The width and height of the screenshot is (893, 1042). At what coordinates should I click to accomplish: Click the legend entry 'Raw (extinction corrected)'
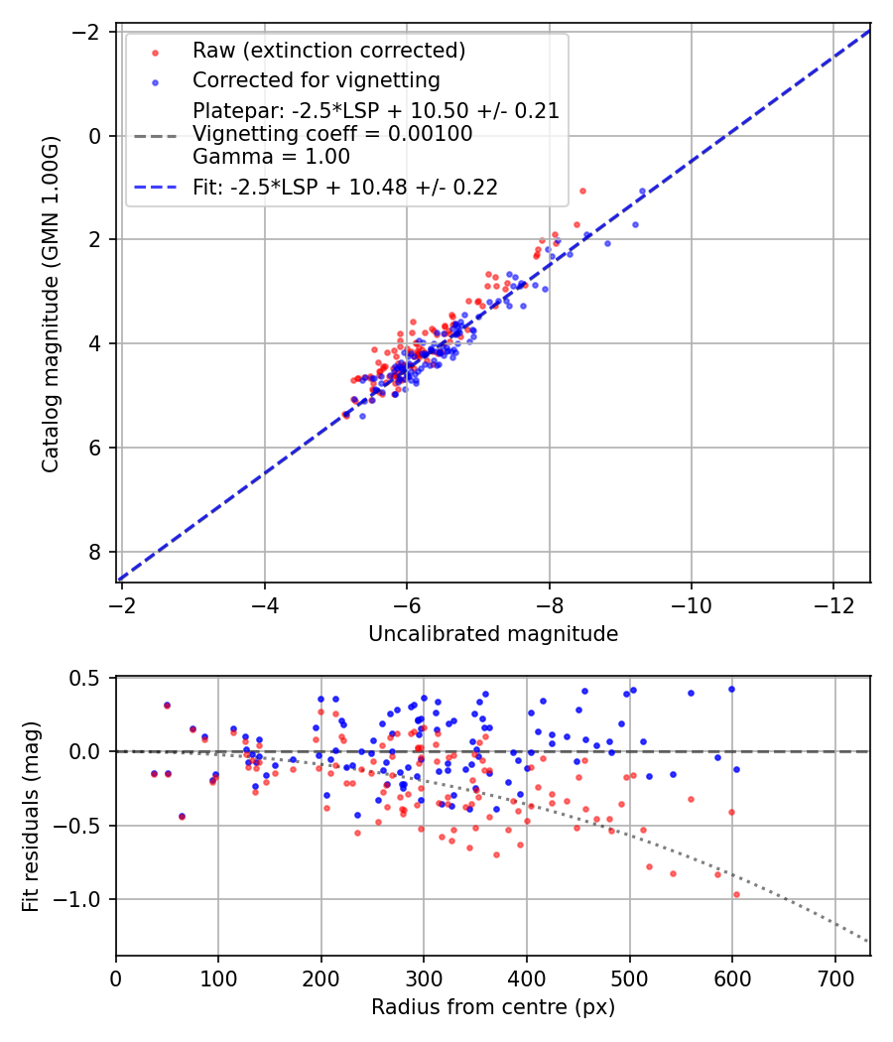(x=329, y=51)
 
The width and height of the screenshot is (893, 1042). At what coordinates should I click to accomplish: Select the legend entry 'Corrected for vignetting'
(x=317, y=79)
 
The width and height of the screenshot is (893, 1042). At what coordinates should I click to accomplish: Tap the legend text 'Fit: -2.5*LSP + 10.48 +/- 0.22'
(x=345, y=187)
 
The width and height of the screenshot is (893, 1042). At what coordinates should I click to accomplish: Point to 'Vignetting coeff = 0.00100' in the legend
(x=332, y=133)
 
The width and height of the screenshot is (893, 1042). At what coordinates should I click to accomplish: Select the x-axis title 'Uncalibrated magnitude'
(x=493, y=634)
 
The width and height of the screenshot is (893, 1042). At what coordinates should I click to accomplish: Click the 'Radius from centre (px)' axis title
(x=493, y=1007)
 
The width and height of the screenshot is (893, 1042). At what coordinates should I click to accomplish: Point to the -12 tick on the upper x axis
(x=833, y=604)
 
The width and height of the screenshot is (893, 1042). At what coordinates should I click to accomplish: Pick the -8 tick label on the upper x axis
(x=549, y=604)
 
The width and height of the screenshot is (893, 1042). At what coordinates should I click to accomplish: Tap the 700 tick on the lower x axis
(x=834, y=977)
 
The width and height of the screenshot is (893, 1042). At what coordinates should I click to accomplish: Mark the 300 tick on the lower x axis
(x=424, y=977)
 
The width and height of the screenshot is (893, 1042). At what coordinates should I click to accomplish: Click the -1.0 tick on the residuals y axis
(x=82, y=900)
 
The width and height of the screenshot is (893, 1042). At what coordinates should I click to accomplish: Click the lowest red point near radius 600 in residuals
(x=736, y=894)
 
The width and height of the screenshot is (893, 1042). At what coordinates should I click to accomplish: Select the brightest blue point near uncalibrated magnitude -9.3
(x=642, y=191)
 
